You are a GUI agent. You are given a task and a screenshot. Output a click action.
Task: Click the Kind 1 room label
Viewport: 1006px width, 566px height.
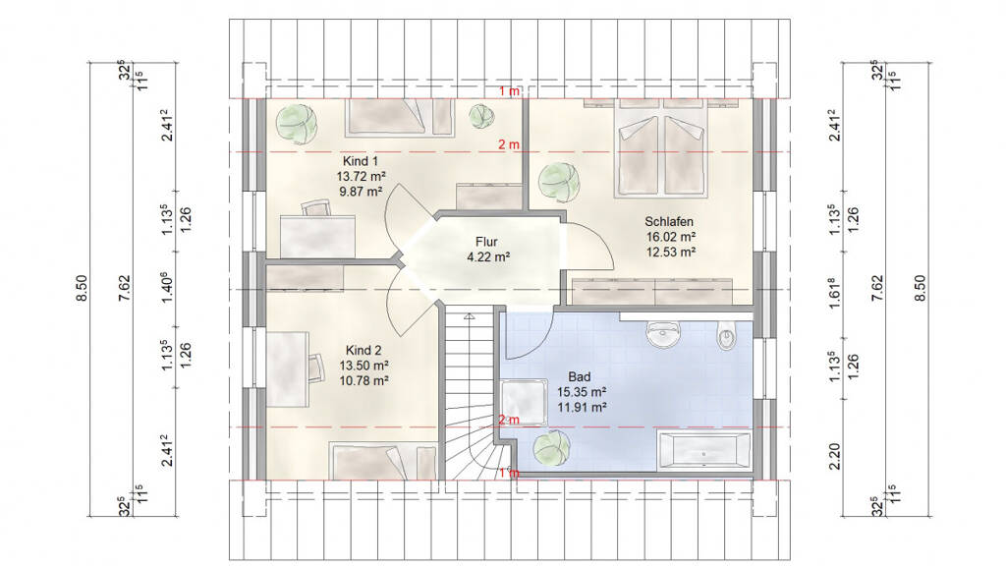tap(360, 161)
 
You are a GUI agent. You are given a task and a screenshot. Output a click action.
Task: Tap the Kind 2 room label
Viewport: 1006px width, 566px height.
tap(363, 351)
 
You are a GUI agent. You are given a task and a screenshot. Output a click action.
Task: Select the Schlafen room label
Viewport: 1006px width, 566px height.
tap(669, 221)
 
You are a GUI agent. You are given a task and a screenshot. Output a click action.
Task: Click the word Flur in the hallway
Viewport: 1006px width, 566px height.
tap(486, 242)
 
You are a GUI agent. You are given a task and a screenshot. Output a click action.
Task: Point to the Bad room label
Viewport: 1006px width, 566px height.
tap(580, 376)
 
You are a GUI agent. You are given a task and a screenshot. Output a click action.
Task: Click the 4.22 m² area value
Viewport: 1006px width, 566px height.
tap(488, 257)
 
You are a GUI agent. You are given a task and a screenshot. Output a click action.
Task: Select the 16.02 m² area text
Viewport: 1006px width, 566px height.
tap(670, 237)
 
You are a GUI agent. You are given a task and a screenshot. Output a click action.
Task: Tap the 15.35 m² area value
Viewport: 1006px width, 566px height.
tap(582, 392)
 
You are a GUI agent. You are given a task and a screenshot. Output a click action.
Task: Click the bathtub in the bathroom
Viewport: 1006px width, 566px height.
tap(703, 450)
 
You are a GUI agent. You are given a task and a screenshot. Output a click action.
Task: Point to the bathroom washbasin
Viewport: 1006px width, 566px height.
tap(662, 334)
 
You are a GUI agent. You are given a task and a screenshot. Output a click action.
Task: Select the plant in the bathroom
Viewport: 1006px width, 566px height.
tap(552, 447)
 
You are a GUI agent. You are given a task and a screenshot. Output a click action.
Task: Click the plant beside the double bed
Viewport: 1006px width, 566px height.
tap(558, 182)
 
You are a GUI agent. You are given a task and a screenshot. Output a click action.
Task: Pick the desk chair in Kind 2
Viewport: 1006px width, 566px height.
tap(315, 368)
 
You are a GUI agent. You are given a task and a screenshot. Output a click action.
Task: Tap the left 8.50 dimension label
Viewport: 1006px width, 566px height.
tap(82, 288)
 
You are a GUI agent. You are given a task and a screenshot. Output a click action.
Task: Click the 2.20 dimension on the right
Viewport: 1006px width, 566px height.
tap(834, 456)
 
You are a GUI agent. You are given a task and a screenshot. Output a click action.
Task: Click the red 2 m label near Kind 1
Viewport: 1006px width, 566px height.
tap(509, 145)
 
